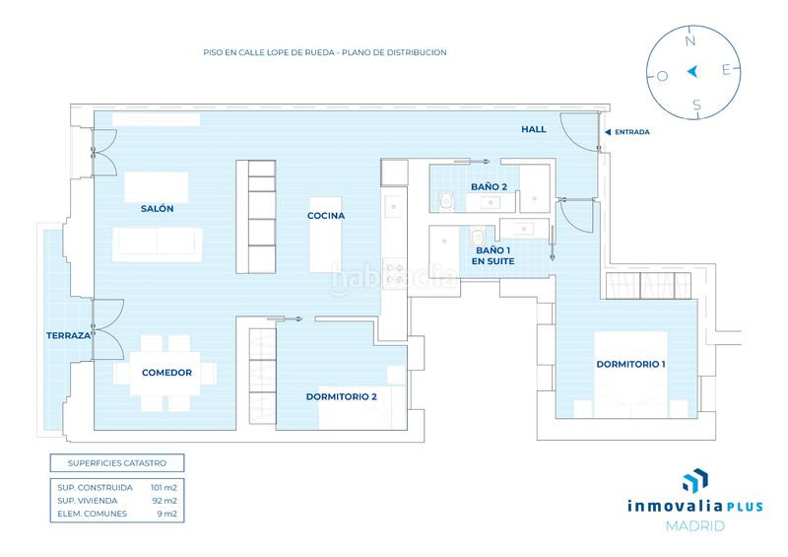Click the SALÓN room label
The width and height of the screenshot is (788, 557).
(x=158, y=209)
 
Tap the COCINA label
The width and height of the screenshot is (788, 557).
(x=326, y=215)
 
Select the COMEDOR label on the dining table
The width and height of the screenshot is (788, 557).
(x=166, y=373)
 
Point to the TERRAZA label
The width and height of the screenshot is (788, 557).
(x=68, y=335)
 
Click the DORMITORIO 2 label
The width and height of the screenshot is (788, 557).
(x=341, y=396)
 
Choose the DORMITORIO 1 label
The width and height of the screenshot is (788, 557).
(x=630, y=365)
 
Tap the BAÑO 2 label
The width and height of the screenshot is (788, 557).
(x=489, y=186)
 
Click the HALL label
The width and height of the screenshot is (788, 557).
(x=534, y=129)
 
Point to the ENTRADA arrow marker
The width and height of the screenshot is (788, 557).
(x=608, y=132)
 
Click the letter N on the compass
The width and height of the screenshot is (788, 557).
(x=690, y=40)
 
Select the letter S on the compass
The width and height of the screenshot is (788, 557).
(x=696, y=104)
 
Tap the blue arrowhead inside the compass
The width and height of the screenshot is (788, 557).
(x=692, y=71)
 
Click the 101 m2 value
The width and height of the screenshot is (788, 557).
(x=164, y=488)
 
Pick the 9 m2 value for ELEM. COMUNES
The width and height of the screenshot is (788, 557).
(x=167, y=514)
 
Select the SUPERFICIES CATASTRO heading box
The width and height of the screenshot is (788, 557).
(x=117, y=463)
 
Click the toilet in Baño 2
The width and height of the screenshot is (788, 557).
(x=446, y=201)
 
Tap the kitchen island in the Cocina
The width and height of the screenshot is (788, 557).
(x=326, y=235)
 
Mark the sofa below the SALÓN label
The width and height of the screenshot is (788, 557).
(x=158, y=244)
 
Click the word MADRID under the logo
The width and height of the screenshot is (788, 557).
(x=695, y=526)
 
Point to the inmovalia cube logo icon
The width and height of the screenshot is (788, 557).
(x=695, y=480)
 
